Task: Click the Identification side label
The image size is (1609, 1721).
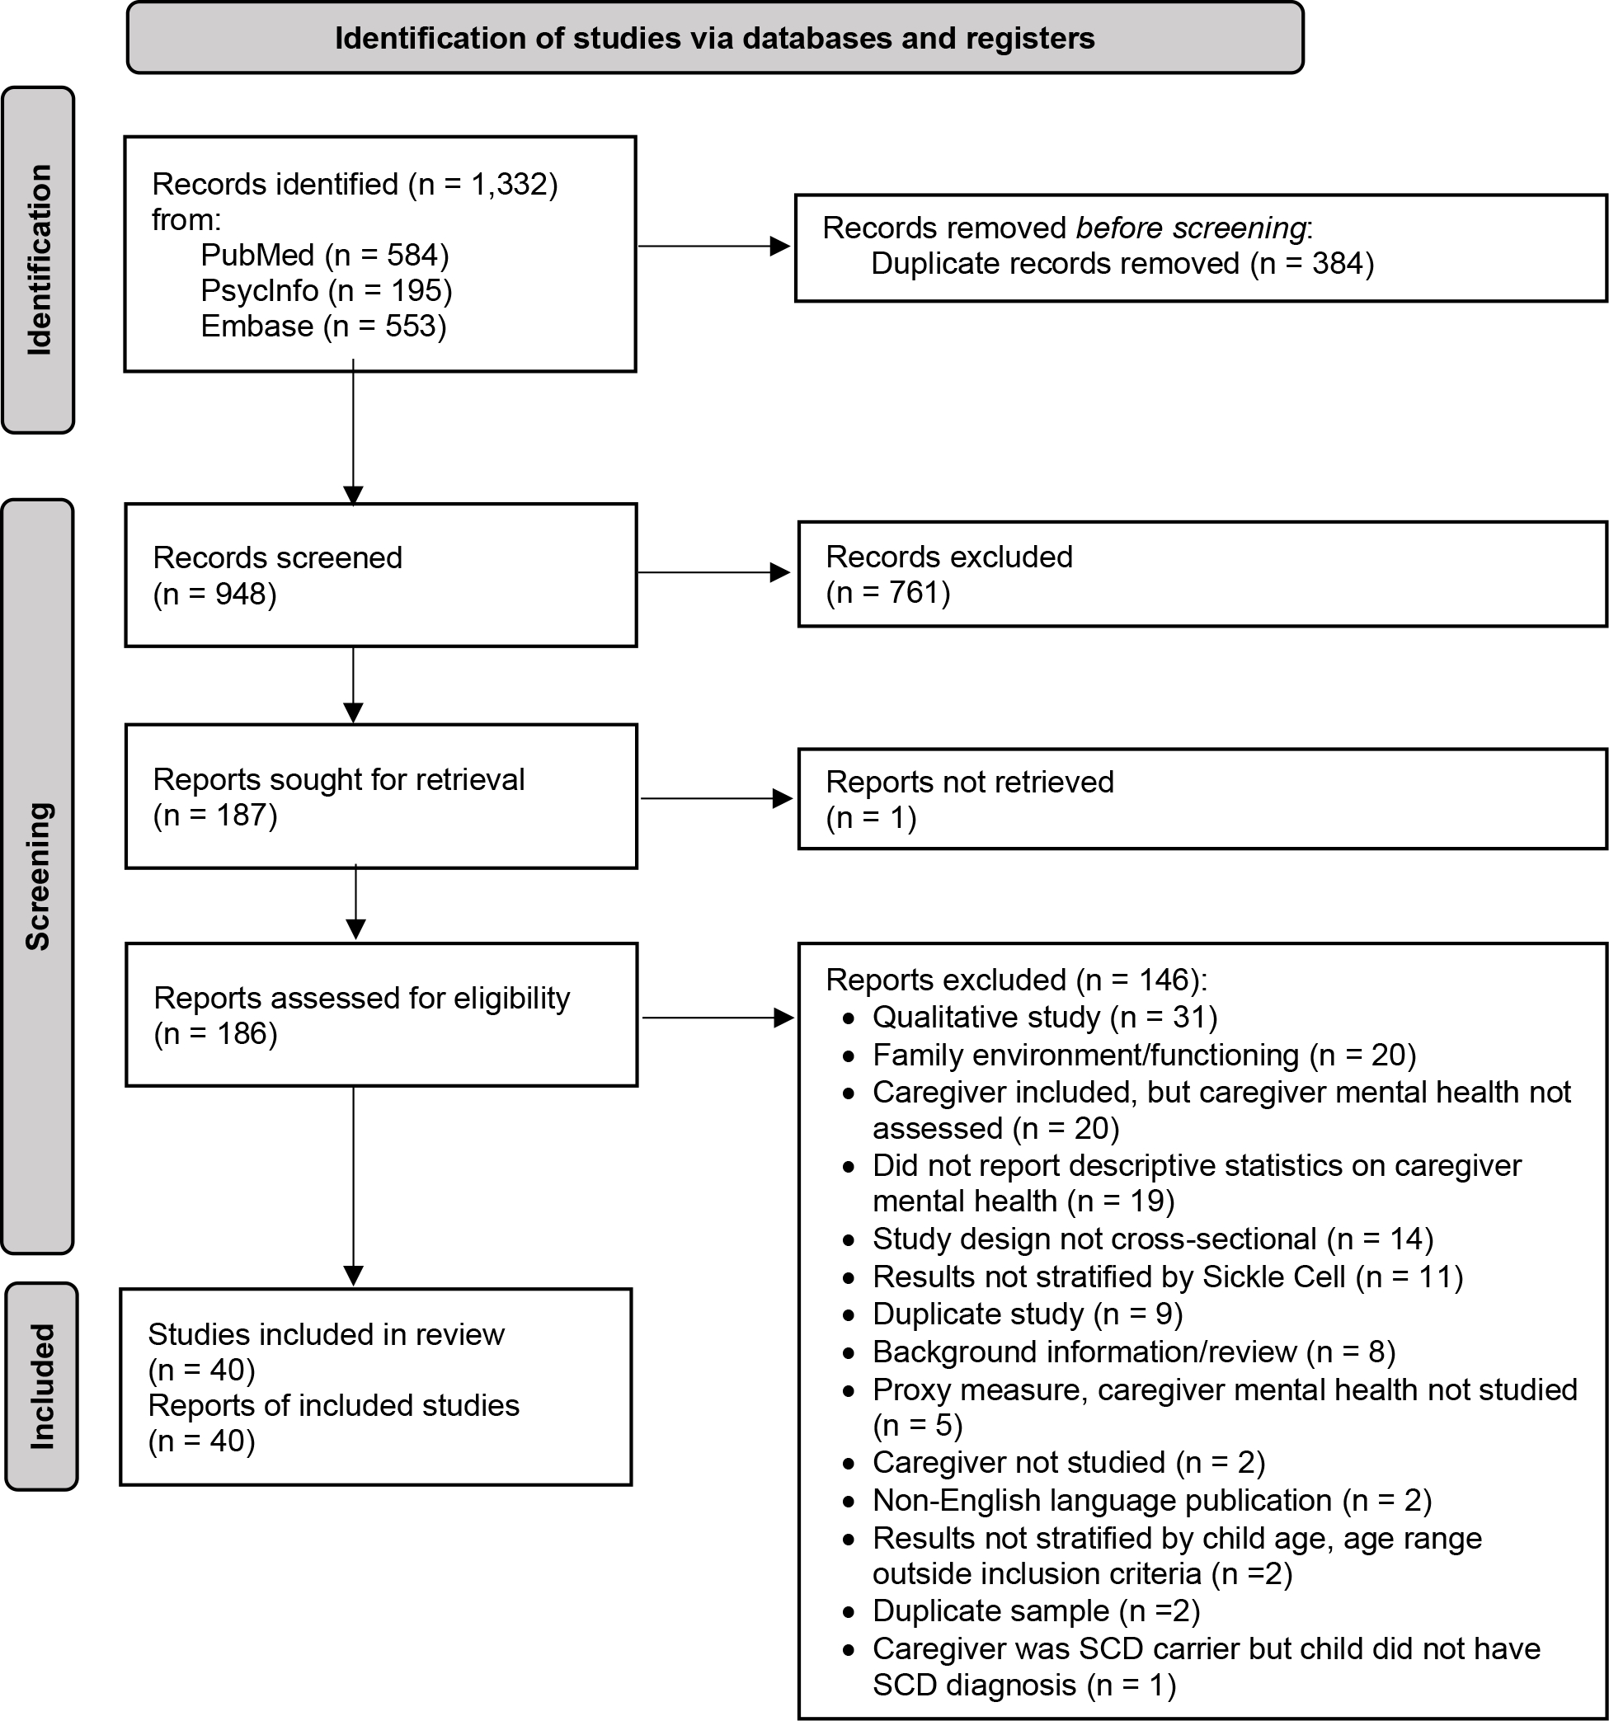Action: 38,260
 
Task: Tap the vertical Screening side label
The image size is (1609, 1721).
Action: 38,876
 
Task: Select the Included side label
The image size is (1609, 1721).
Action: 40,1386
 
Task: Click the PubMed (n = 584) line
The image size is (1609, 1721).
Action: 325,255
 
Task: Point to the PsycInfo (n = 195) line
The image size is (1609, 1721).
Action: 327,290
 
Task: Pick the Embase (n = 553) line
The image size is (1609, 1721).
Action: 323,327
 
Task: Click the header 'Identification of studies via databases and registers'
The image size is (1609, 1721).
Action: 714,38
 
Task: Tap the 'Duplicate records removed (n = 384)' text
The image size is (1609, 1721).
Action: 1122,263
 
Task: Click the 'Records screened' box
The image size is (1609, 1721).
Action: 381,575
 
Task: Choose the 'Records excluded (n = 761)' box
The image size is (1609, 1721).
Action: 1202,574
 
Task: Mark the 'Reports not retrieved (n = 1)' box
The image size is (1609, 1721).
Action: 1202,799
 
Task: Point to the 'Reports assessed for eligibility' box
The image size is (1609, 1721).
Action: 381,1014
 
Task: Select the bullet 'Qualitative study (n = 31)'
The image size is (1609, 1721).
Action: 1044,1018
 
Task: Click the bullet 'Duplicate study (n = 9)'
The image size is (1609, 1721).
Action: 1027,1314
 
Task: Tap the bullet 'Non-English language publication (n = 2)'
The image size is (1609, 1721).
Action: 1152,1500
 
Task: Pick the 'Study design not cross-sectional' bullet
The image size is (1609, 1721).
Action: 1152,1239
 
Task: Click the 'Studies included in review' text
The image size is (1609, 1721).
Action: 326,1334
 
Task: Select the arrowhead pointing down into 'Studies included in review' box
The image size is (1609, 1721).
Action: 353,1276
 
